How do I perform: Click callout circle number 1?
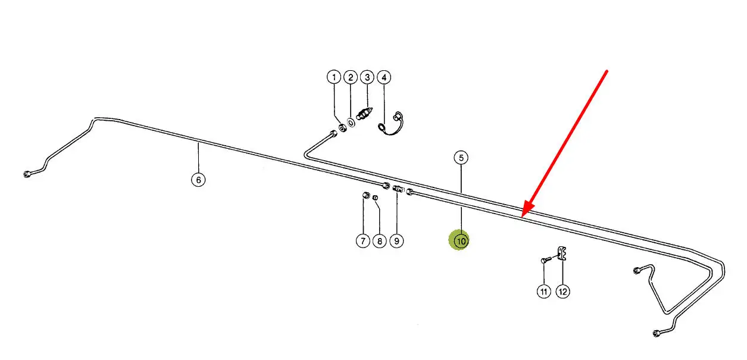(x=334, y=77)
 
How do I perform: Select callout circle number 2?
(x=351, y=77)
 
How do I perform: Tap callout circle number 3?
(x=367, y=77)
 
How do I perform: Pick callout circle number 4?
(x=384, y=77)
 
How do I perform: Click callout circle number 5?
(x=461, y=158)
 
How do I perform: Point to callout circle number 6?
(x=199, y=179)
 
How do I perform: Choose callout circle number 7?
(x=363, y=241)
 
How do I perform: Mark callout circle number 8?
(x=379, y=241)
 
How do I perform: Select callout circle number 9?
(x=396, y=241)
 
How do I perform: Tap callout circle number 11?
(x=544, y=292)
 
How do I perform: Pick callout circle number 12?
(x=562, y=292)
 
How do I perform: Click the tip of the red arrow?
(x=521, y=217)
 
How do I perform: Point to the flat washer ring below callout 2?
(x=351, y=122)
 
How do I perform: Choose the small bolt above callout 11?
(x=546, y=260)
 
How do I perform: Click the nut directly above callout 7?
(x=367, y=196)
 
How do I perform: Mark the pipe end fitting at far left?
(x=26, y=174)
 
